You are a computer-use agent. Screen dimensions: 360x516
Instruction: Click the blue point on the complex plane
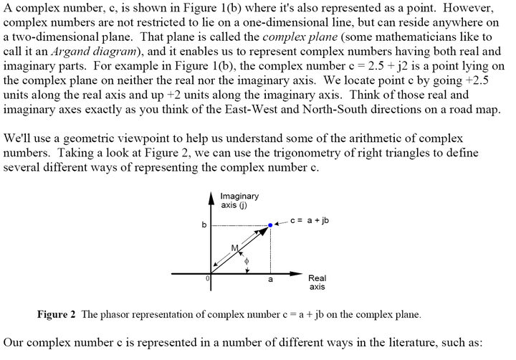[x=270, y=224]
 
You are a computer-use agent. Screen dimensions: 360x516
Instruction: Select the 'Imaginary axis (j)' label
[x=240, y=201]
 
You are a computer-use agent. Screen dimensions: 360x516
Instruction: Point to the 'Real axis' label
[x=317, y=283]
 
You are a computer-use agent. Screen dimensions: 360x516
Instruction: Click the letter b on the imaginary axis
[x=204, y=225]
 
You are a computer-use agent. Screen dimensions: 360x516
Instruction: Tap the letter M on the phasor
[x=234, y=248]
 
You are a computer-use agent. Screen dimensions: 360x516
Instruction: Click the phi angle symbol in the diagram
[x=246, y=262]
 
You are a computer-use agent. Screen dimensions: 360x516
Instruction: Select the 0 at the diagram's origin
[x=207, y=278]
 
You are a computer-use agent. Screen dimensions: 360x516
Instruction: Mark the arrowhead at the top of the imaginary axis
[x=212, y=196]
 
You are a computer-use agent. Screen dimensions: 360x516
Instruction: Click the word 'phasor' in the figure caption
[x=121, y=314]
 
